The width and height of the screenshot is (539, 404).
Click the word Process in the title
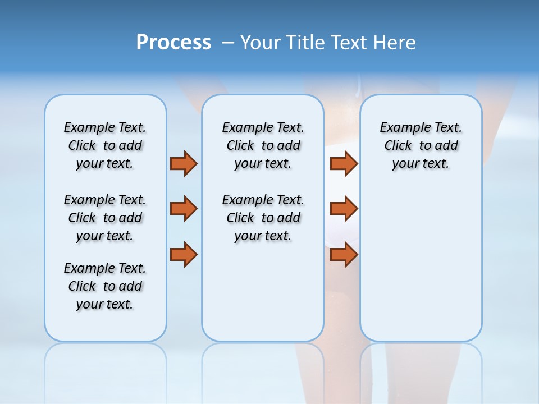pos(173,42)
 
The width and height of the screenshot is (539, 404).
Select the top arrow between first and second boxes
pos(184,163)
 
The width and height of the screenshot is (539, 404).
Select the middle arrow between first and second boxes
pos(184,209)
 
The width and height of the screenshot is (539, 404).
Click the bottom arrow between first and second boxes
pos(184,255)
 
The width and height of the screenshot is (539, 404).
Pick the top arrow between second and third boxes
pos(344,163)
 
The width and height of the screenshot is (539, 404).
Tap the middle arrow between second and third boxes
pos(344,209)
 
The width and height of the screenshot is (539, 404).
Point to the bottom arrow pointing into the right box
pos(344,255)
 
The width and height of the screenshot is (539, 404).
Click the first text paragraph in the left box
pos(105,145)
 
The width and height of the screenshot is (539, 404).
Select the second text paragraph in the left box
pos(105,218)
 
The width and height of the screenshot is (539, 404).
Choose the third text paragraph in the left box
pos(105,286)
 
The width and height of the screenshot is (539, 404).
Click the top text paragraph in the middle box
pos(263,145)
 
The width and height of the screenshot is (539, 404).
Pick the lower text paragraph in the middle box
pos(263,218)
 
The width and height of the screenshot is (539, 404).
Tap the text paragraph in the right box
pos(421,145)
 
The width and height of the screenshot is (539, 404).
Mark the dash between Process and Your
pos(228,43)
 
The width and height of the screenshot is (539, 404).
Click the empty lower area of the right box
pos(421,269)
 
